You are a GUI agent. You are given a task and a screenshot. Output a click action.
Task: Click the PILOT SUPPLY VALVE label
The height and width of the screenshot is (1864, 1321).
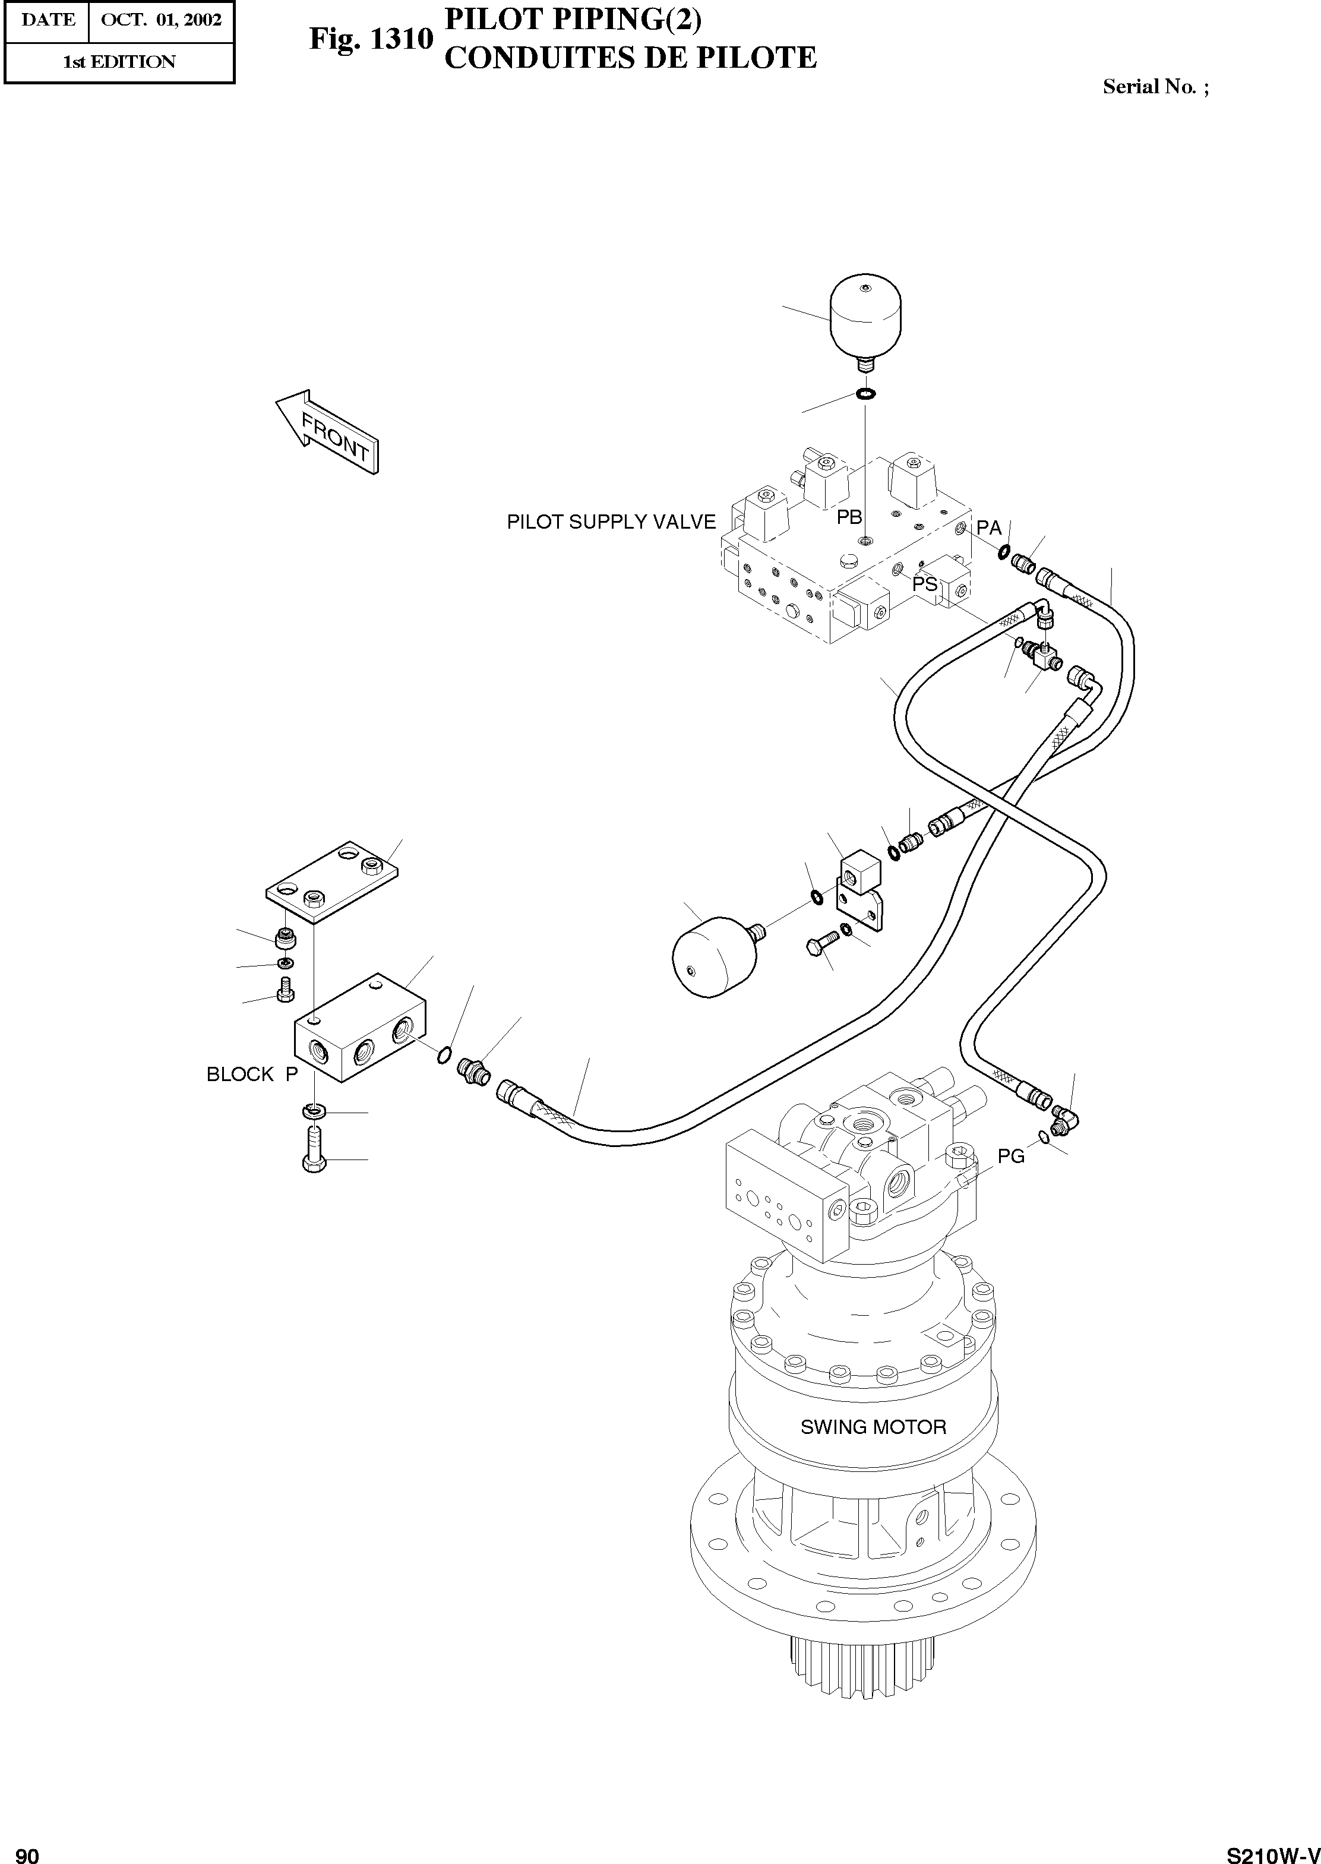pos(611,522)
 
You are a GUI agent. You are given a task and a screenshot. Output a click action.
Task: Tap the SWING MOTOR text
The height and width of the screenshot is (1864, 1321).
pos(873,1427)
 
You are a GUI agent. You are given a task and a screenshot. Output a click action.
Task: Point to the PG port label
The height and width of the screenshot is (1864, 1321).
pos(1011,1156)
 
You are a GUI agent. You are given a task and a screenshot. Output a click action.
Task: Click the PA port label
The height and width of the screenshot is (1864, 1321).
pos(988,528)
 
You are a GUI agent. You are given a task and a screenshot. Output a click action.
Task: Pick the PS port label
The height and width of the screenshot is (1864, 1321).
pos(925,584)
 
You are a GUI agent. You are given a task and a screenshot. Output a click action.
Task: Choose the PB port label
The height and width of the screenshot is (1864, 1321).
pos(849,517)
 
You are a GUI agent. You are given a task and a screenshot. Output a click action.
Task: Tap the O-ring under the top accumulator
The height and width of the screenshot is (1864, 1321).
pos(865,394)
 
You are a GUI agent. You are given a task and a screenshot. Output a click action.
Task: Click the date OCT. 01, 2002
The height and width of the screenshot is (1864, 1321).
pos(161,20)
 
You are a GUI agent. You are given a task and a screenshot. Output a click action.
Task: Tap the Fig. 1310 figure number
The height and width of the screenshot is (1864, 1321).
pos(370,38)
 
